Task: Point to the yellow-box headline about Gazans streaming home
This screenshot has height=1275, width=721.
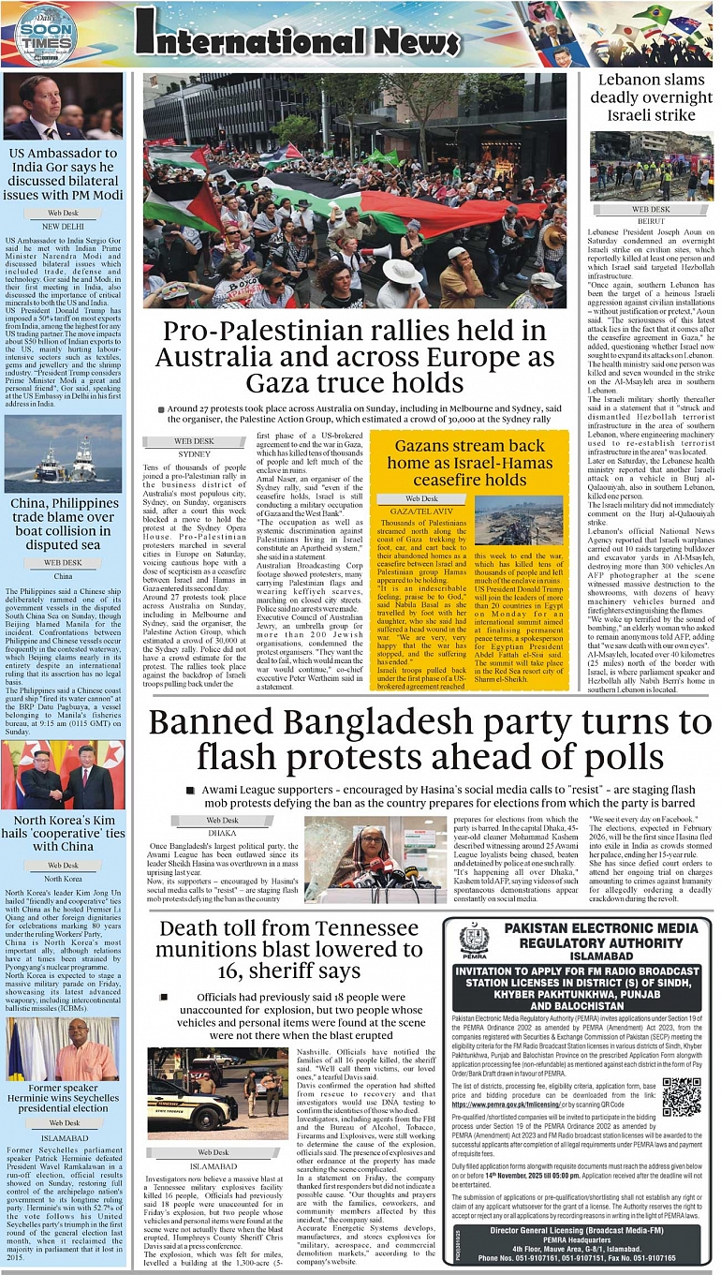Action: [x=469, y=463]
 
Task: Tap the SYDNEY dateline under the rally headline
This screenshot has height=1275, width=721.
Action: [x=194, y=453]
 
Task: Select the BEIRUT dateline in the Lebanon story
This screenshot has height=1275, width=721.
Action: [x=652, y=222]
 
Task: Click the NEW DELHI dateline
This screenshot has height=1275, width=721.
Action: [x=64, y=226]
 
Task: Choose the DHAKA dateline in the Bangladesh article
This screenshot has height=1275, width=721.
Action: [x=222, y=832]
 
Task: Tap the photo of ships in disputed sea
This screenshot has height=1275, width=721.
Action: [x=64, y=454]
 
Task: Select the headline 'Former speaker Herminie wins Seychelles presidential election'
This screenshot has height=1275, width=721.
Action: [x=64, y=1097]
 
